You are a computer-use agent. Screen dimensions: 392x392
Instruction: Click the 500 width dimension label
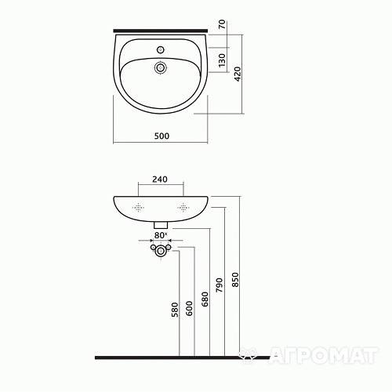coord(162,136)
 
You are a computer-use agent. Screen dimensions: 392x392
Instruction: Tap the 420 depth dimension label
coord(238,74)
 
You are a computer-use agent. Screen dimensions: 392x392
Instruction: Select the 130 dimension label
coord(222,60)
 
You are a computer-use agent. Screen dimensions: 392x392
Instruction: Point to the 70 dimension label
coord(222,24)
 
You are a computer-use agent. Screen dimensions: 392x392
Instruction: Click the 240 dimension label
coord(160,180)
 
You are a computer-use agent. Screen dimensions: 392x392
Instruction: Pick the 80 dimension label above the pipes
coord(159,235)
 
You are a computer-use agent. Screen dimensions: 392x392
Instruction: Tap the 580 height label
coord(175,310)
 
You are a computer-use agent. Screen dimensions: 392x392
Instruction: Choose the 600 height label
coord(189,308)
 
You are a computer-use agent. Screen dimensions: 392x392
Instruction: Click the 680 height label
coord(205,299)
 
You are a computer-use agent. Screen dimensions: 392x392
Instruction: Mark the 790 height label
coord(220,285)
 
